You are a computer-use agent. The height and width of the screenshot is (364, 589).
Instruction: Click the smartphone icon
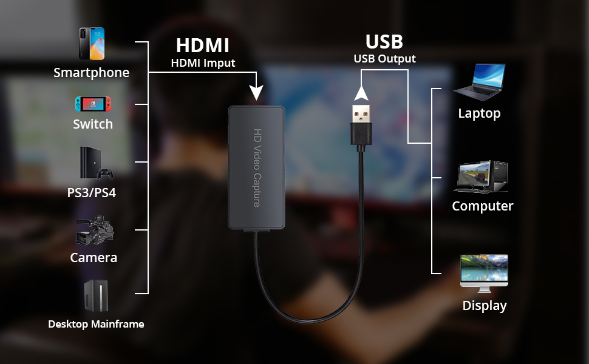91,44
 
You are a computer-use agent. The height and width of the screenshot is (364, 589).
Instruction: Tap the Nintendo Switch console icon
93,104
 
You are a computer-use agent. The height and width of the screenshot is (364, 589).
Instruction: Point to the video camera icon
95,230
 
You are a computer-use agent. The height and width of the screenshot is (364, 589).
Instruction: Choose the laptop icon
480,82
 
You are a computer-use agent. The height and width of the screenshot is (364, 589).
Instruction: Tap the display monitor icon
484,271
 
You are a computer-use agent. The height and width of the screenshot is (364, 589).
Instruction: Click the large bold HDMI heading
202,45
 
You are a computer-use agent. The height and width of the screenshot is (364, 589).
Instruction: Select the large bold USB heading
384,42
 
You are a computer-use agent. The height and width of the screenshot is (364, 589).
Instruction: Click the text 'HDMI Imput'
202,62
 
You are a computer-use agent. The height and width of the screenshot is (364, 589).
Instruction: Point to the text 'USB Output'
384,59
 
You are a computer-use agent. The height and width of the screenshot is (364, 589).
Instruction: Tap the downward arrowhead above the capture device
256,92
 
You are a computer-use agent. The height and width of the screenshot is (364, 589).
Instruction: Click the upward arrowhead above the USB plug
361,93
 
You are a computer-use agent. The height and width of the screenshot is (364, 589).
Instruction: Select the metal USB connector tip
361,113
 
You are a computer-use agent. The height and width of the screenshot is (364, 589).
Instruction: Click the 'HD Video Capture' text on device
257,167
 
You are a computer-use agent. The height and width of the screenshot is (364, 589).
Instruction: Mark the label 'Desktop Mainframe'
96,324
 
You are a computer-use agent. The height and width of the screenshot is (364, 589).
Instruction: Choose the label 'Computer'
482,206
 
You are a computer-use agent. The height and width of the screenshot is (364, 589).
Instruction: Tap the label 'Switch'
93,124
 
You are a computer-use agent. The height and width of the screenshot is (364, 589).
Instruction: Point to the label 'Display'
484,306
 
